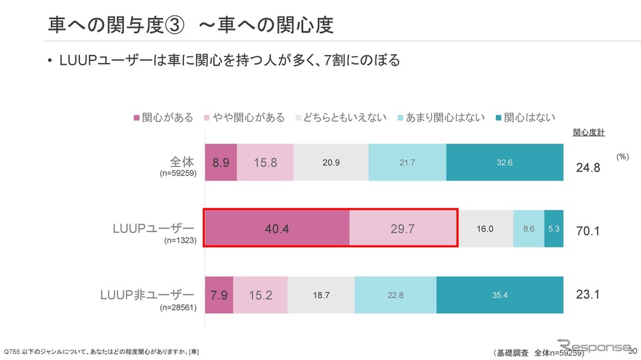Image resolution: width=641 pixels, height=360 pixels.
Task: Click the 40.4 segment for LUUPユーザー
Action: pos(277,228)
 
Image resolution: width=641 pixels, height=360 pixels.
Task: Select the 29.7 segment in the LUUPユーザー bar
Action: pos(403,228)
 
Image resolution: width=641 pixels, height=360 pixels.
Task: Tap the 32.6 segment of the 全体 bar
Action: pos(505,162)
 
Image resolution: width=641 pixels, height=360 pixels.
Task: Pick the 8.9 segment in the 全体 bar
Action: pos(221,162)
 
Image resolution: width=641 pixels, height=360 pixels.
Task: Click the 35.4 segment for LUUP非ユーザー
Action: pos(500,294)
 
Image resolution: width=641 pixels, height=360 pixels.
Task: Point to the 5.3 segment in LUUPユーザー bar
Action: pos(554,228)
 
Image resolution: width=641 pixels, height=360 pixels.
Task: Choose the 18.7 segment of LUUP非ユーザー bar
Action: pos(321,294)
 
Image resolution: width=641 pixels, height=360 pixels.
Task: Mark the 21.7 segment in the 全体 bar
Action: pos(407,162)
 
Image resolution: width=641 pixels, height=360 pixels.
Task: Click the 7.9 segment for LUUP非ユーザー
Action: pos(219,294)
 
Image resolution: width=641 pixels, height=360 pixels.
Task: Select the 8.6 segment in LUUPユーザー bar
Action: pos(528,228)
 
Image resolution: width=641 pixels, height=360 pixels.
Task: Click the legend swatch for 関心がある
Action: pos(137,118)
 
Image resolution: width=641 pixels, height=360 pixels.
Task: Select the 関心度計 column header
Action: pos(588,132)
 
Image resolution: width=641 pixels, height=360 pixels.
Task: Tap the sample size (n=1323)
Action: pos(180,242)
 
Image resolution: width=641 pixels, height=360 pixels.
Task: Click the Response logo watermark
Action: pos(594,346)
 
